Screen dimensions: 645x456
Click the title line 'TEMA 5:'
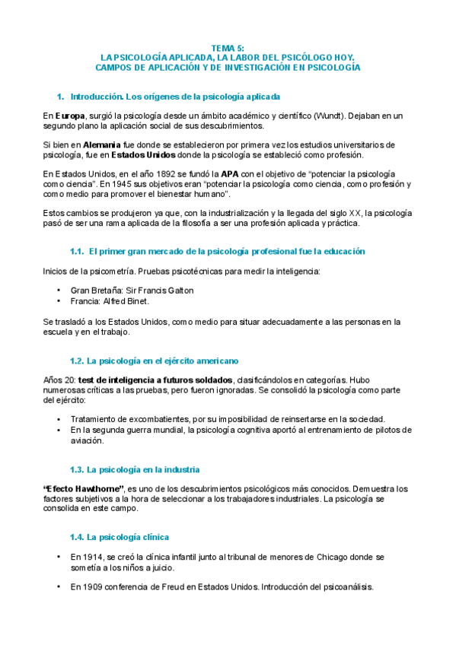(228, 47)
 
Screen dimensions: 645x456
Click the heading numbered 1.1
(217, 250)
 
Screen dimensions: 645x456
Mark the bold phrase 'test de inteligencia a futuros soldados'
(155, 379)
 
